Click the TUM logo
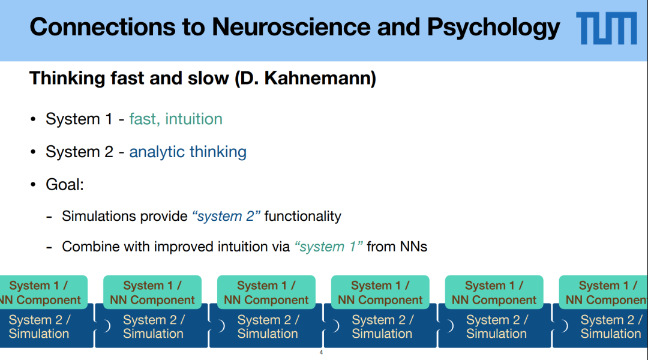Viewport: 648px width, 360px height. pyautogui.click(x=606, y=28)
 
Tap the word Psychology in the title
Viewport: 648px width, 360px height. pyautogui.click(x=493, y=27)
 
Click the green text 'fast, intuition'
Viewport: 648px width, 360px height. pyautogui.click(x=176, y=119)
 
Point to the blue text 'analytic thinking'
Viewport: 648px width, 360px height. pyautogui.click(x=188, y=152)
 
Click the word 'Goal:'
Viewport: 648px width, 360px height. pyautogui.click(x=65, y=184)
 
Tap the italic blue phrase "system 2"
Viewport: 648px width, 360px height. pyautogui.click(x=226, y=216)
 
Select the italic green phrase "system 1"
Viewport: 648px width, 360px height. pyautogui.click(x=329, y=247)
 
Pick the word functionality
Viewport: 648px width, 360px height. pyautogui.click(x=302, y=216)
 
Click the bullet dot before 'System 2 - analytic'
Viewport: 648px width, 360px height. pyautogui.click(x=34, y=152)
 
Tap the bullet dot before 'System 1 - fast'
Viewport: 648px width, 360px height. pyautogui.click(x=34, y=120)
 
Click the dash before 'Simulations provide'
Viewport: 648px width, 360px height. pyautogui.click(x=49, y=216)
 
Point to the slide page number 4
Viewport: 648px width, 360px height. pyautogui.click(x=321, y=352)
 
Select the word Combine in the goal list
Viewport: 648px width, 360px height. pyautogui.click(x=88, y=247)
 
